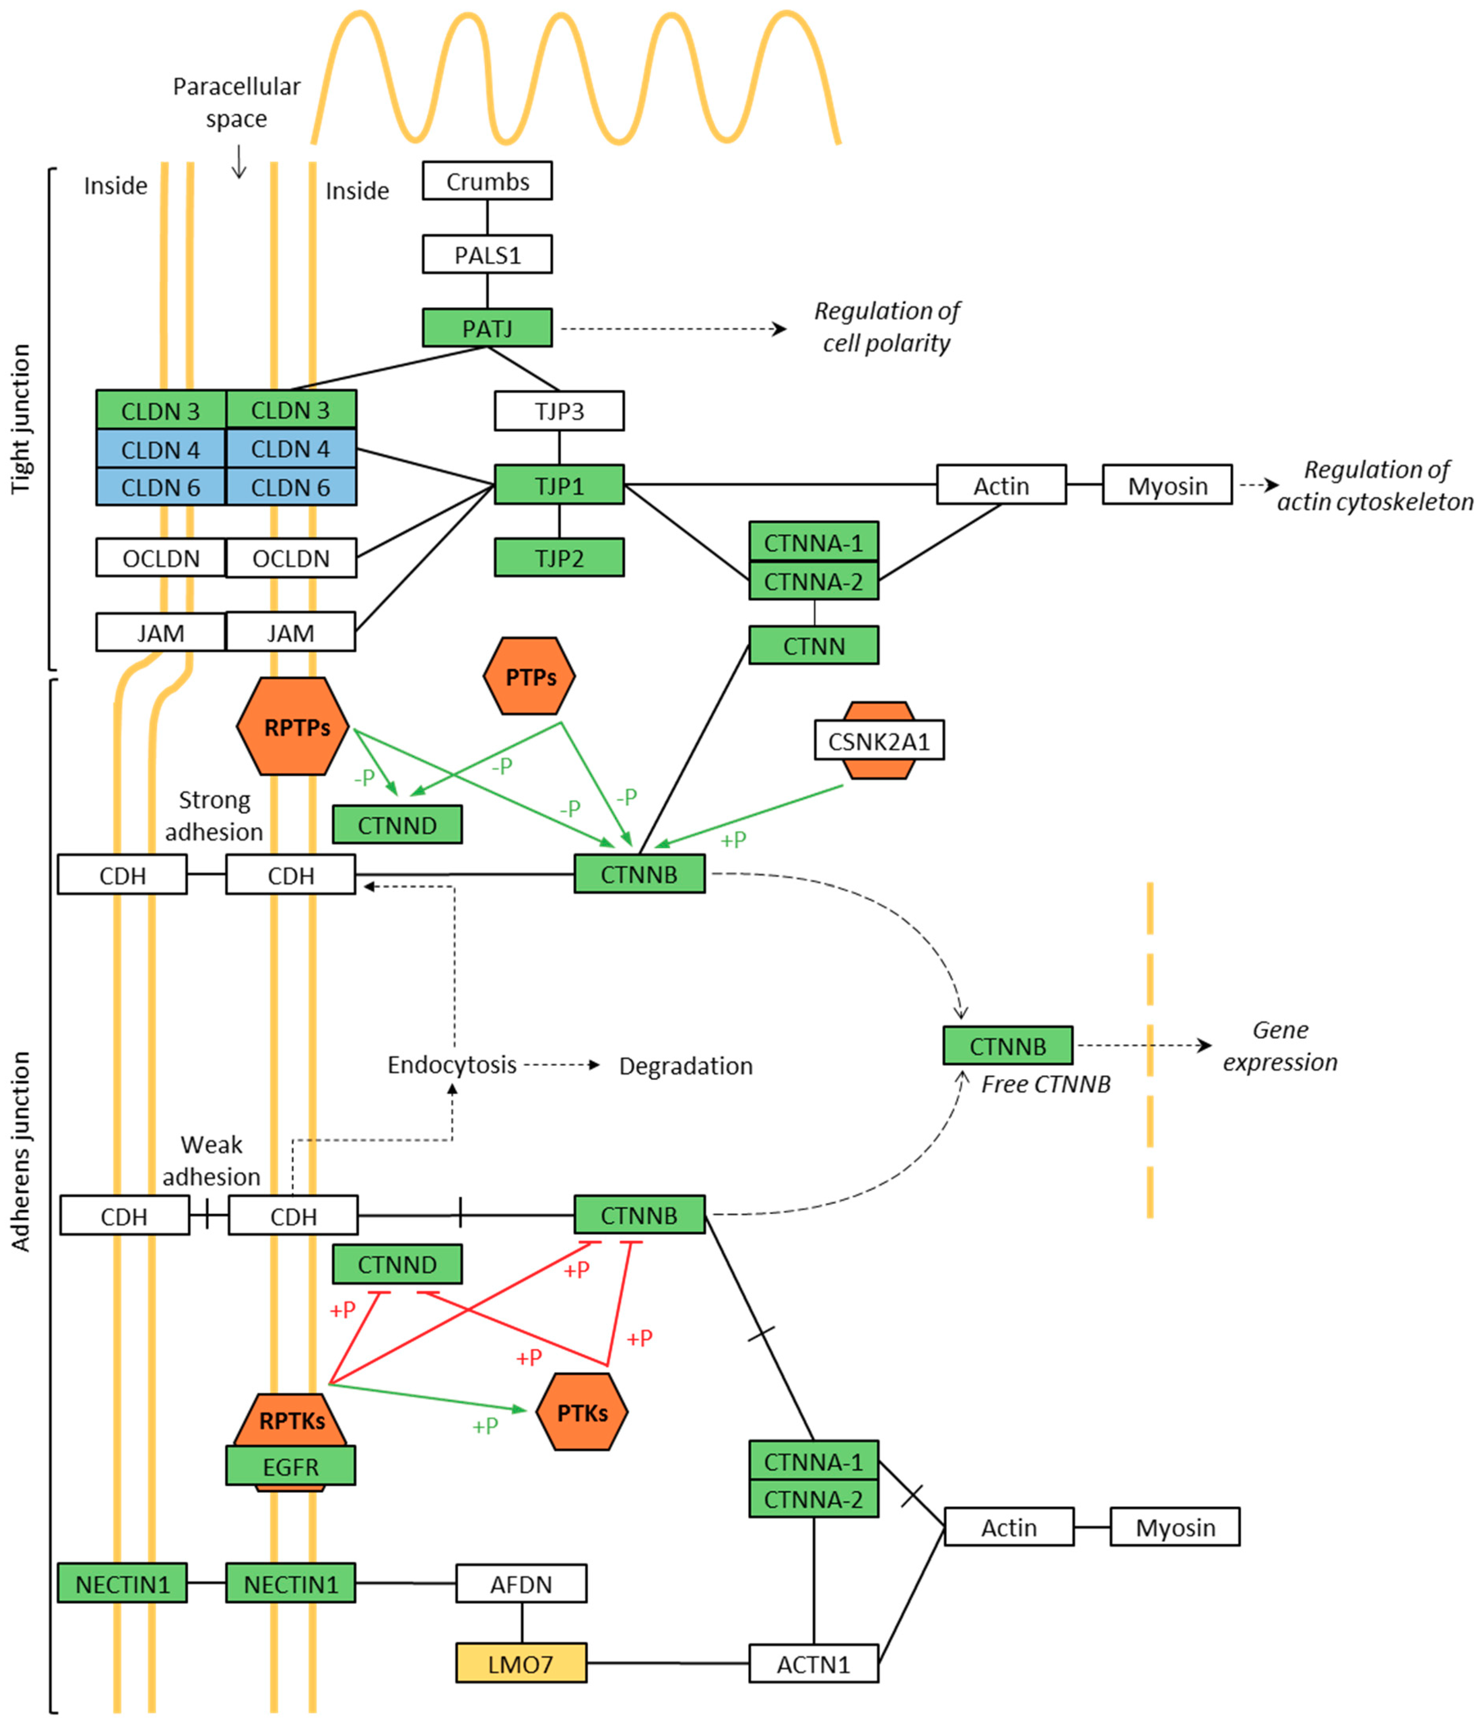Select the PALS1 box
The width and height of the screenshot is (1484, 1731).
pyautogui.click(x=487, y=254)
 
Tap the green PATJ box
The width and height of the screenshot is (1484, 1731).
pyautogui.click(x=487, y=328)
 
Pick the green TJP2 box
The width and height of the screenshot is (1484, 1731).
pyautogui.click(x=559, y=557)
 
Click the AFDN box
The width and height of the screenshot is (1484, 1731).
pyautogui.click(x=521, y=1583)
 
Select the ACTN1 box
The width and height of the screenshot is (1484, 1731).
pyautogui.click(x=813, y=1663)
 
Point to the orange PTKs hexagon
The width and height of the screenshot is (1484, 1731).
pyautogui.click(x=581, y=1413)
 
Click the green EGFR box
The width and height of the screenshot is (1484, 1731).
pyautogui.click(x=291, y=1466)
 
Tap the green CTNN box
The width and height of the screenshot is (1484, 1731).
pyautogui.click(x=813, y=645)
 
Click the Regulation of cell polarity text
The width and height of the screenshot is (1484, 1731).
pyautogui.click(x=887, y=326)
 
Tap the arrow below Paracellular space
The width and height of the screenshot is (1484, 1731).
pyautogui.click(x=239, y=161)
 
